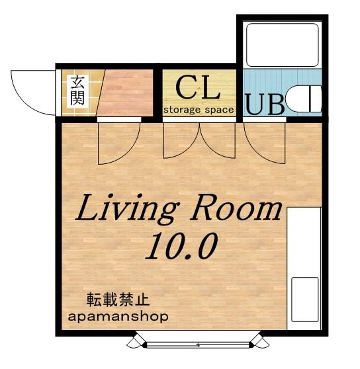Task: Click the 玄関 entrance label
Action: [x=77, y=90]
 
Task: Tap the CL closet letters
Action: [x=199, y=88]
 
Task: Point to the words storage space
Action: [x=199, y=110]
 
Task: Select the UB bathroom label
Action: [x=265, y=104]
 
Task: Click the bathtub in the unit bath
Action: [x=283, y=44]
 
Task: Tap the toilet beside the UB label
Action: [x=303, y=99]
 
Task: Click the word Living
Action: [x=126, y=209]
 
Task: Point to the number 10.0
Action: [x=181, y=246]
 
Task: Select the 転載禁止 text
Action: [x=118, y=300]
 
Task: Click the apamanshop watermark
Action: [x=118, y=317]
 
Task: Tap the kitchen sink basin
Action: [x=305, y=300]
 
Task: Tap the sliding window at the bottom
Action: [x=198, y=345]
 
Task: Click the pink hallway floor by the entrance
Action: [x=126, y=93]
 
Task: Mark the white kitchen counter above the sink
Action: [x=304, y=243]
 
